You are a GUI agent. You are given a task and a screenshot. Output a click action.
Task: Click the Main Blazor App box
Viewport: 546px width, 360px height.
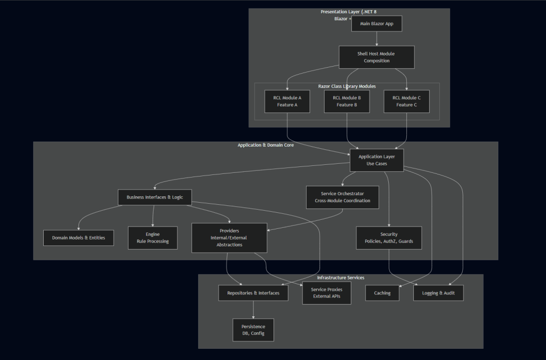pyautogui.click(x=376, y=23)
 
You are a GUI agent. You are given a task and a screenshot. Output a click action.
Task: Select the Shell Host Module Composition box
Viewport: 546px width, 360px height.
pyautogui.click(x=376, y=57)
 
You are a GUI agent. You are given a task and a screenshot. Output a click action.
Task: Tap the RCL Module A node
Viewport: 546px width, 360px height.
pyautogui.click(x=287, y=101)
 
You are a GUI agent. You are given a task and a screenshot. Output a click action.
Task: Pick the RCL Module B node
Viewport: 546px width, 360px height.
pyautogui.click(x=347, y=101)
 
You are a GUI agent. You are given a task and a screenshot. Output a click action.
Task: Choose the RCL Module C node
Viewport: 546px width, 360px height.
pyautogui.click(x=406, y=101)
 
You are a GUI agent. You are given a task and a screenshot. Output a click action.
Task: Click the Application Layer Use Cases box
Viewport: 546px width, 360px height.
pyautogui.click(x=376, y=160)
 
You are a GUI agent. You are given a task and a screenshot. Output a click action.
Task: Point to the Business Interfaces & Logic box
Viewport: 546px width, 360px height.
pyautogui.click(x=155, y=197)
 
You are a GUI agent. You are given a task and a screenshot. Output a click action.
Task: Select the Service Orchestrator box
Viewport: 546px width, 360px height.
pyautogui.click(x=342, y=197)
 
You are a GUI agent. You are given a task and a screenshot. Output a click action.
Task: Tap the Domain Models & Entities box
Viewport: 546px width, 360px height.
pyautogui.click(x=78, y=238)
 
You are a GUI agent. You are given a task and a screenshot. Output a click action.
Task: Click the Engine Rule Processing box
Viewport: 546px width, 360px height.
pyautogui.click(x=152, y=238)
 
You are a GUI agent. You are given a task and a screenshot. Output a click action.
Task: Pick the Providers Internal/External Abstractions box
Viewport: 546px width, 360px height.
pyautogui.click(x=229, y=238)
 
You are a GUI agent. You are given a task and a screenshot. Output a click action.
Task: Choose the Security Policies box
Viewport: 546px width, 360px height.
pyautogui.click(x=389, y=238)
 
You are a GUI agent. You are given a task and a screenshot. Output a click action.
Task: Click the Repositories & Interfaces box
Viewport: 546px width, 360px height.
pyautogui.click(x=253, y=293)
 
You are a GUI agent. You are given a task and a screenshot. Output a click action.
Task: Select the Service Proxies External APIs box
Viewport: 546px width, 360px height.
pyautogui.click(x=326, y=293)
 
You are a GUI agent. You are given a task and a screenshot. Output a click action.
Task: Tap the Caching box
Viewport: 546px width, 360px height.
pyautogui.click(x=382, y=293)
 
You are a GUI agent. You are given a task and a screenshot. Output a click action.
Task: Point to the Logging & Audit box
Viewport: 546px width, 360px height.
pyautogui.click(x=438, y=293)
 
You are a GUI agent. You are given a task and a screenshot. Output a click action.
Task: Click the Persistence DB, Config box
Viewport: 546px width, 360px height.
pyautogui.click(x=253, y=330)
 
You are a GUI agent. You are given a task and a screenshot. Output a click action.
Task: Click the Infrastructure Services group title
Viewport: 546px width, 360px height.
pyautogui.click(x=341, y=278)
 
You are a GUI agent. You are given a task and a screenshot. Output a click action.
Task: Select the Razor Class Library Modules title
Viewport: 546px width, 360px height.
pyautogui.click(x=347, y=86)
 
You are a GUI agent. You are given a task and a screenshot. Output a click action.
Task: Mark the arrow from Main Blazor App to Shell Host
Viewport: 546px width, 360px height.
pyautogui.click(x=376, y=38)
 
